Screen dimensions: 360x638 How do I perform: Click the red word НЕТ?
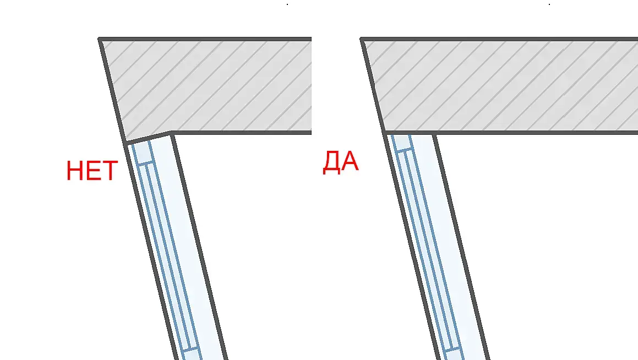tap(91, 171)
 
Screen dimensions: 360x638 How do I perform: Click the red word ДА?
tap(340, 163)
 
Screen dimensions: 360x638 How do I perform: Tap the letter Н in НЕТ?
tap(74, 171)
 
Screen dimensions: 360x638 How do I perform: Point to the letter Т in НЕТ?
tap(109, 171)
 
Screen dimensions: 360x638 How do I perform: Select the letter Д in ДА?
tap(331, 163)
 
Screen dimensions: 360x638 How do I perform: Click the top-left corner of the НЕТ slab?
tap(100, 39)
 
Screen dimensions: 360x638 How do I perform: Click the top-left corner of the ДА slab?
tap(362, 39)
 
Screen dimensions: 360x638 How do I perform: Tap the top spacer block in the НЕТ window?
tap(142, 152)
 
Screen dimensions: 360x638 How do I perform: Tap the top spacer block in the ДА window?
tap(402, 142)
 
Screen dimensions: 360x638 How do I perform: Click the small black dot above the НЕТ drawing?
tap(287, 4)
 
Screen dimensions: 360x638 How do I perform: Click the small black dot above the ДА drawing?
tap(549, 4)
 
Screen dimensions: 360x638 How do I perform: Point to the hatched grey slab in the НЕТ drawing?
tap(209, 85)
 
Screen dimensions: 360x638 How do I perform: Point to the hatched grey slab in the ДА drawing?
tap(495, 85)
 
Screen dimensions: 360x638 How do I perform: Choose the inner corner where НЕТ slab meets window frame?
tap(171, 133)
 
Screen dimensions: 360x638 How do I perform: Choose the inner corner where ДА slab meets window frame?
tap(433, 133)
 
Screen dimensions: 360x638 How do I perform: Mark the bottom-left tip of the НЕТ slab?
tap(126, 143)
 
